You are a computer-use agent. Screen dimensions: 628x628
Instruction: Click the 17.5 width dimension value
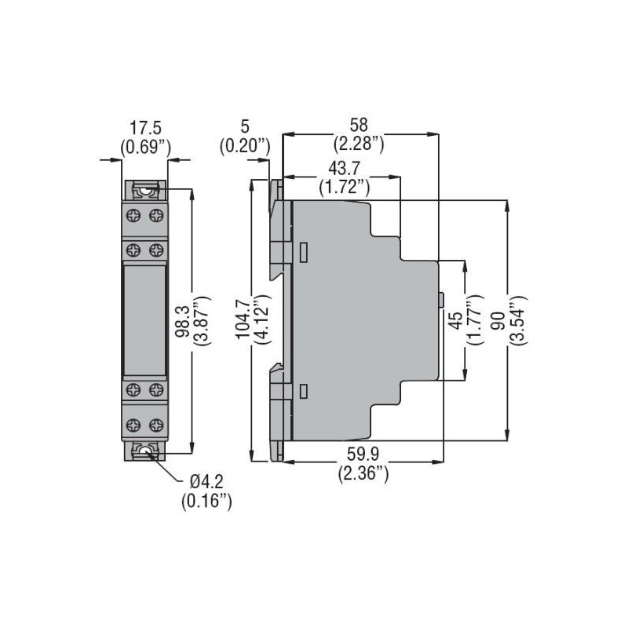(x=145, y=128)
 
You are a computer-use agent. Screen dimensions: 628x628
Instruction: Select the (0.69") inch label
(x=145, y=146)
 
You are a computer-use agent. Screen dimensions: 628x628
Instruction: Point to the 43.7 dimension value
(x=344, y=169)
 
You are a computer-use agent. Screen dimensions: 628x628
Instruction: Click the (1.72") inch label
(x=344, y=187)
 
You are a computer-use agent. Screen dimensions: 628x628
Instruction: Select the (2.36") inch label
(x=363, y=473)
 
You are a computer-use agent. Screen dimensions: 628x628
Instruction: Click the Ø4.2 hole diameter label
(x=206, y=481)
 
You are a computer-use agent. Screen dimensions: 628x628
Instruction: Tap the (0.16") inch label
(x=206, y=500)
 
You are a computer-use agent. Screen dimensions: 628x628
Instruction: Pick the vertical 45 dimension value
(x=453, y=322)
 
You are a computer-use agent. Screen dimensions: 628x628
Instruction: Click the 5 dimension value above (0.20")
(x=245, y=126)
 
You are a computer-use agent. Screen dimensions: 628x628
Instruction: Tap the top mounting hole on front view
(x=144, y=189)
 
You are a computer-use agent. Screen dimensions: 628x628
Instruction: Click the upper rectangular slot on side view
(x=303, y=251)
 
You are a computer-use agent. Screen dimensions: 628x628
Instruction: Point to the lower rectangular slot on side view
(x=303, y=390)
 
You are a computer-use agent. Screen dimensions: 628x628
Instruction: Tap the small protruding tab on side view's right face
(x=441, y=300)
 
